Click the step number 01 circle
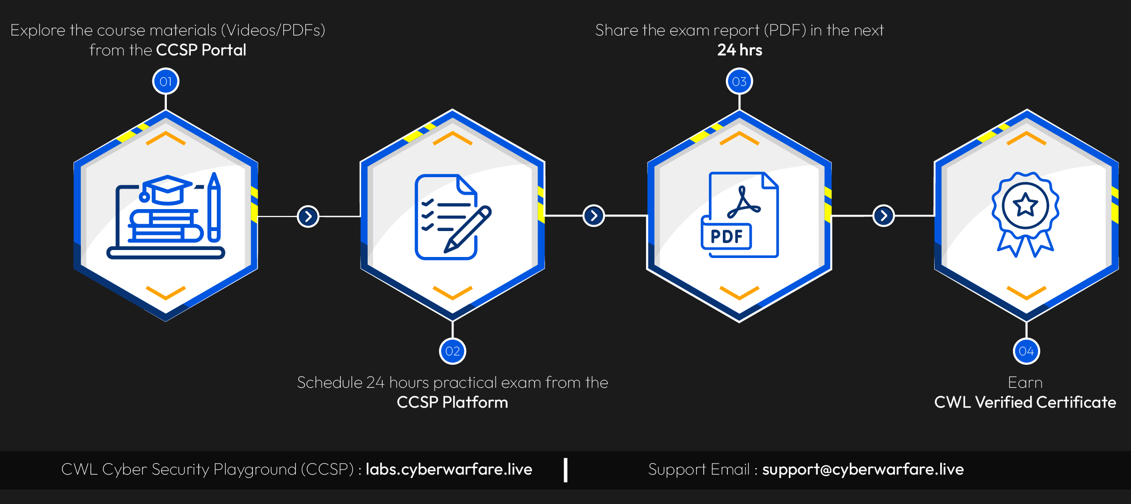(166, 81)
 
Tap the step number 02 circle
(453, 351)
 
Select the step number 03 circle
(739, 81)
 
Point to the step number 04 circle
(1026, 351)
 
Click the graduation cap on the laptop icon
(168, 189)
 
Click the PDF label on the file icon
(726, 237)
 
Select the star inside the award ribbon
(1026, 205)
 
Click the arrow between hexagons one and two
(308, 217)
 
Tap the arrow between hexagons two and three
(594, 216)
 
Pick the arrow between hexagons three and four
(884, 216)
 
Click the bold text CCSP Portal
(201, 50)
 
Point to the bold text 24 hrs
(739, 50)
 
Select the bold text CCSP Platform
(452, 402)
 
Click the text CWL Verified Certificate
(1025, 402)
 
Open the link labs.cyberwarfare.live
(449, 469)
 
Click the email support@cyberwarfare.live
(863, 469)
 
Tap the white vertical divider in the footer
(565, 470)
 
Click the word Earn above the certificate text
(1025, 382)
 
